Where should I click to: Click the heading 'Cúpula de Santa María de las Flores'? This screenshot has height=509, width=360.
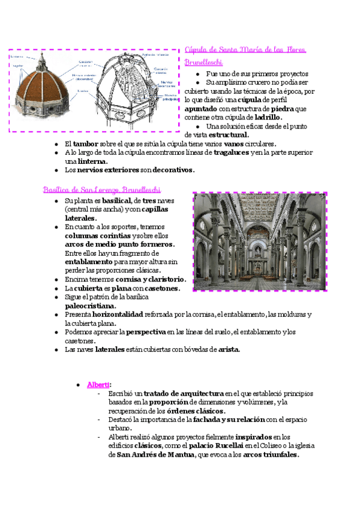click(x=245, y=49)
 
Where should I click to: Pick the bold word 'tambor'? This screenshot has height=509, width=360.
click(x=85, y=144)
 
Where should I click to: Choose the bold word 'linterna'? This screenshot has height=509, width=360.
click(x=91, y=161)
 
